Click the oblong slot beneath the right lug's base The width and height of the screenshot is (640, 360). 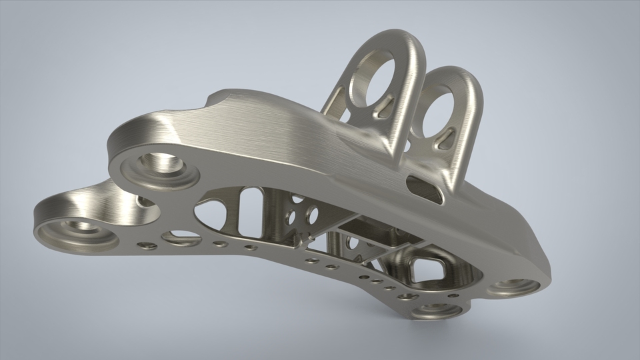(x=425, y=189)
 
